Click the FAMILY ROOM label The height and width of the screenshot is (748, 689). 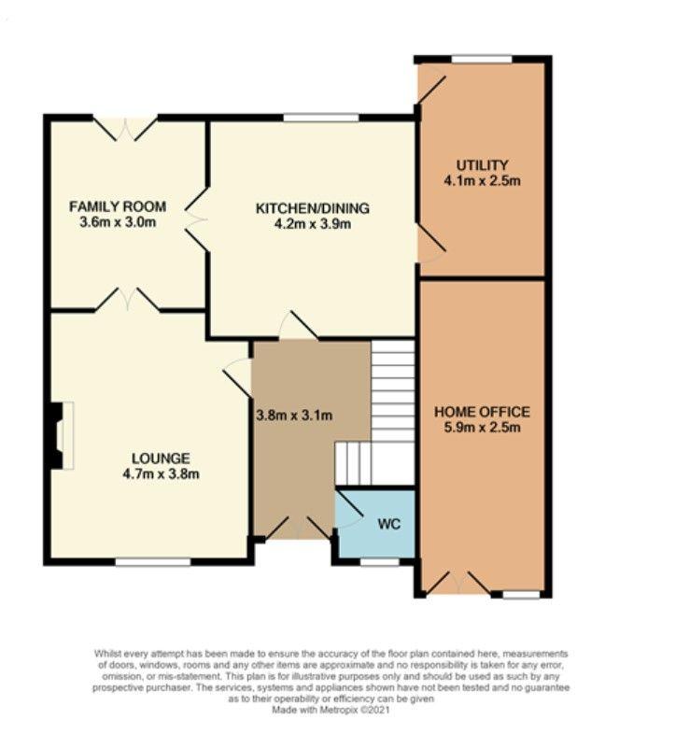pos(118,206)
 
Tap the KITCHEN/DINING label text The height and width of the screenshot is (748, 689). pos(313,208)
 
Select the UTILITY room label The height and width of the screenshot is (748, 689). pos(483,165)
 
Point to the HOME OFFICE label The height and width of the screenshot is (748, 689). pos(482,412)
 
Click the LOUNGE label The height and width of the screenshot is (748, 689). pos(161,459)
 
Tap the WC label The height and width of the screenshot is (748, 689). pos(388,524)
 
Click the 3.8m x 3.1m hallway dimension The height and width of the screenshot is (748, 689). pos(294,416)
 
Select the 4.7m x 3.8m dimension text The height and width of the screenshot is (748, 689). pos(161,474)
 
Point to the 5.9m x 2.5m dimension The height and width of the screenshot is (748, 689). pos(482,428)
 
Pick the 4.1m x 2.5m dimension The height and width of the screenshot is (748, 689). pos(482,181)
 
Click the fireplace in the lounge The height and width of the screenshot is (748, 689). pos(61,435)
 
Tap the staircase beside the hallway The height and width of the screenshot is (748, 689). pos(374,413)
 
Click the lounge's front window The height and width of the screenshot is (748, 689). pos(152,563)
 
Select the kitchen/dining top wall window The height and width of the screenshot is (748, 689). pos(321,118)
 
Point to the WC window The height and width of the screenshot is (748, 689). pos(380,562)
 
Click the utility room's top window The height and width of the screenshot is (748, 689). pos(482,59)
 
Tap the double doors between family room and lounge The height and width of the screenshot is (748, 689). pos(127,299)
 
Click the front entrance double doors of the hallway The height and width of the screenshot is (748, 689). pos(299,529)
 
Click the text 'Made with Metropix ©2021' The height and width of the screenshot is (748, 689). pos(330,710)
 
